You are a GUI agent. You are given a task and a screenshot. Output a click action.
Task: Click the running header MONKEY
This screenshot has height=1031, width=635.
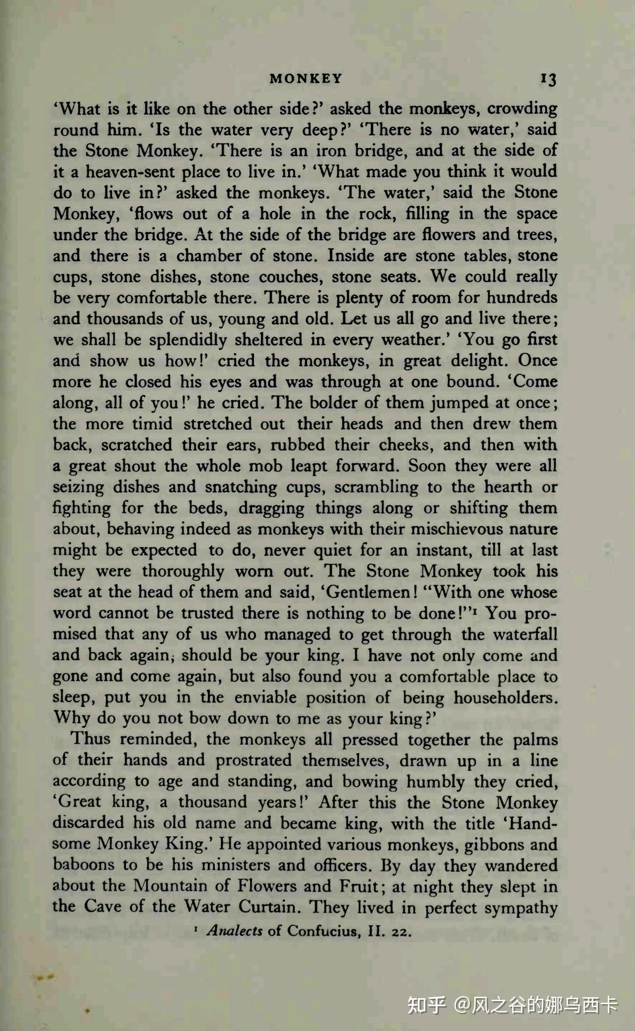point(306,78)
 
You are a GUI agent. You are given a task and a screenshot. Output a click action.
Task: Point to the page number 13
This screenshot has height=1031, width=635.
point(549,79)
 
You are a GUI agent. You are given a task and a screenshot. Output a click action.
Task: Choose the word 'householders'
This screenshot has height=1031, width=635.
point(505,697)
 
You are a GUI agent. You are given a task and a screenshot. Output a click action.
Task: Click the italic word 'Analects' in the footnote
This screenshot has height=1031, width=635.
point(234,930)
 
